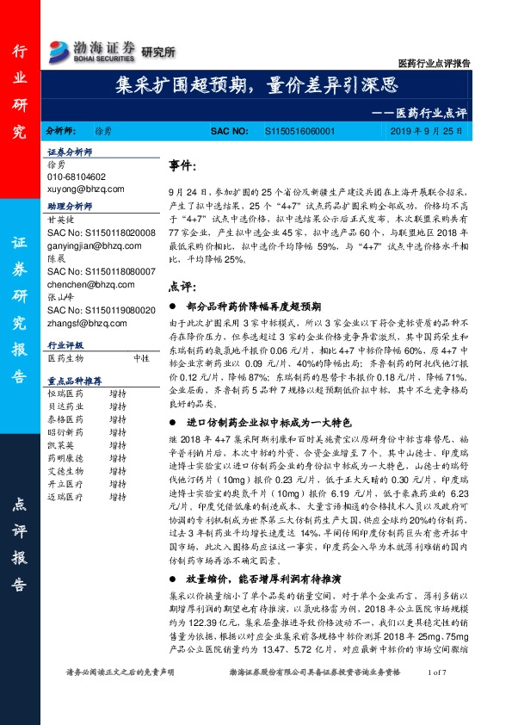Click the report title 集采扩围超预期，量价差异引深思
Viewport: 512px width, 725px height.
tap(256, 84)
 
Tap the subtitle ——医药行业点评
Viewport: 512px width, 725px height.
tap(424, 111)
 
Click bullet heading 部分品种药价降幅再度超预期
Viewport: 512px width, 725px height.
tap(250, 306)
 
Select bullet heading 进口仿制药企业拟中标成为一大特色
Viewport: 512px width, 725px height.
tap(262, 423)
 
